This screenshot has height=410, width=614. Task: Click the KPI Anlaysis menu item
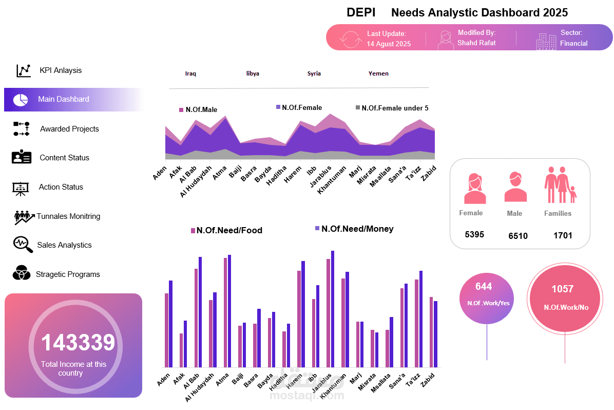(60, 70)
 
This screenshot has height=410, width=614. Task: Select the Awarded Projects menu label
(69, 129)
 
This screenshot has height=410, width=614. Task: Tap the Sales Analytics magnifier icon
(22, 245)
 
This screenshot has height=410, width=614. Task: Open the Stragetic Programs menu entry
(67, 274)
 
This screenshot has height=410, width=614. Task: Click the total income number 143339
(78, 343)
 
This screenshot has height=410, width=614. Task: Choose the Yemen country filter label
(378, 73)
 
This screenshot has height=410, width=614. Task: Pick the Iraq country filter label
(190, 73)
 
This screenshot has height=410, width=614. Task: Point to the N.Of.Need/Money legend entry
(357, 229)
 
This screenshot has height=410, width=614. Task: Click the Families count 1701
(563, 236)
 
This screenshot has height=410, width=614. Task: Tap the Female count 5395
(474, 235)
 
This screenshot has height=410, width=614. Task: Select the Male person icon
(515, 187)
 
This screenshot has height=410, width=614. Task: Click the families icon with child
(560, 184)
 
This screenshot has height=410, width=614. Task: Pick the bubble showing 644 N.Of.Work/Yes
(487, 299)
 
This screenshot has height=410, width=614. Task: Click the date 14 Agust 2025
(389, 44)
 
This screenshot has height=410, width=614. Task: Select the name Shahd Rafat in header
(476, 43)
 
